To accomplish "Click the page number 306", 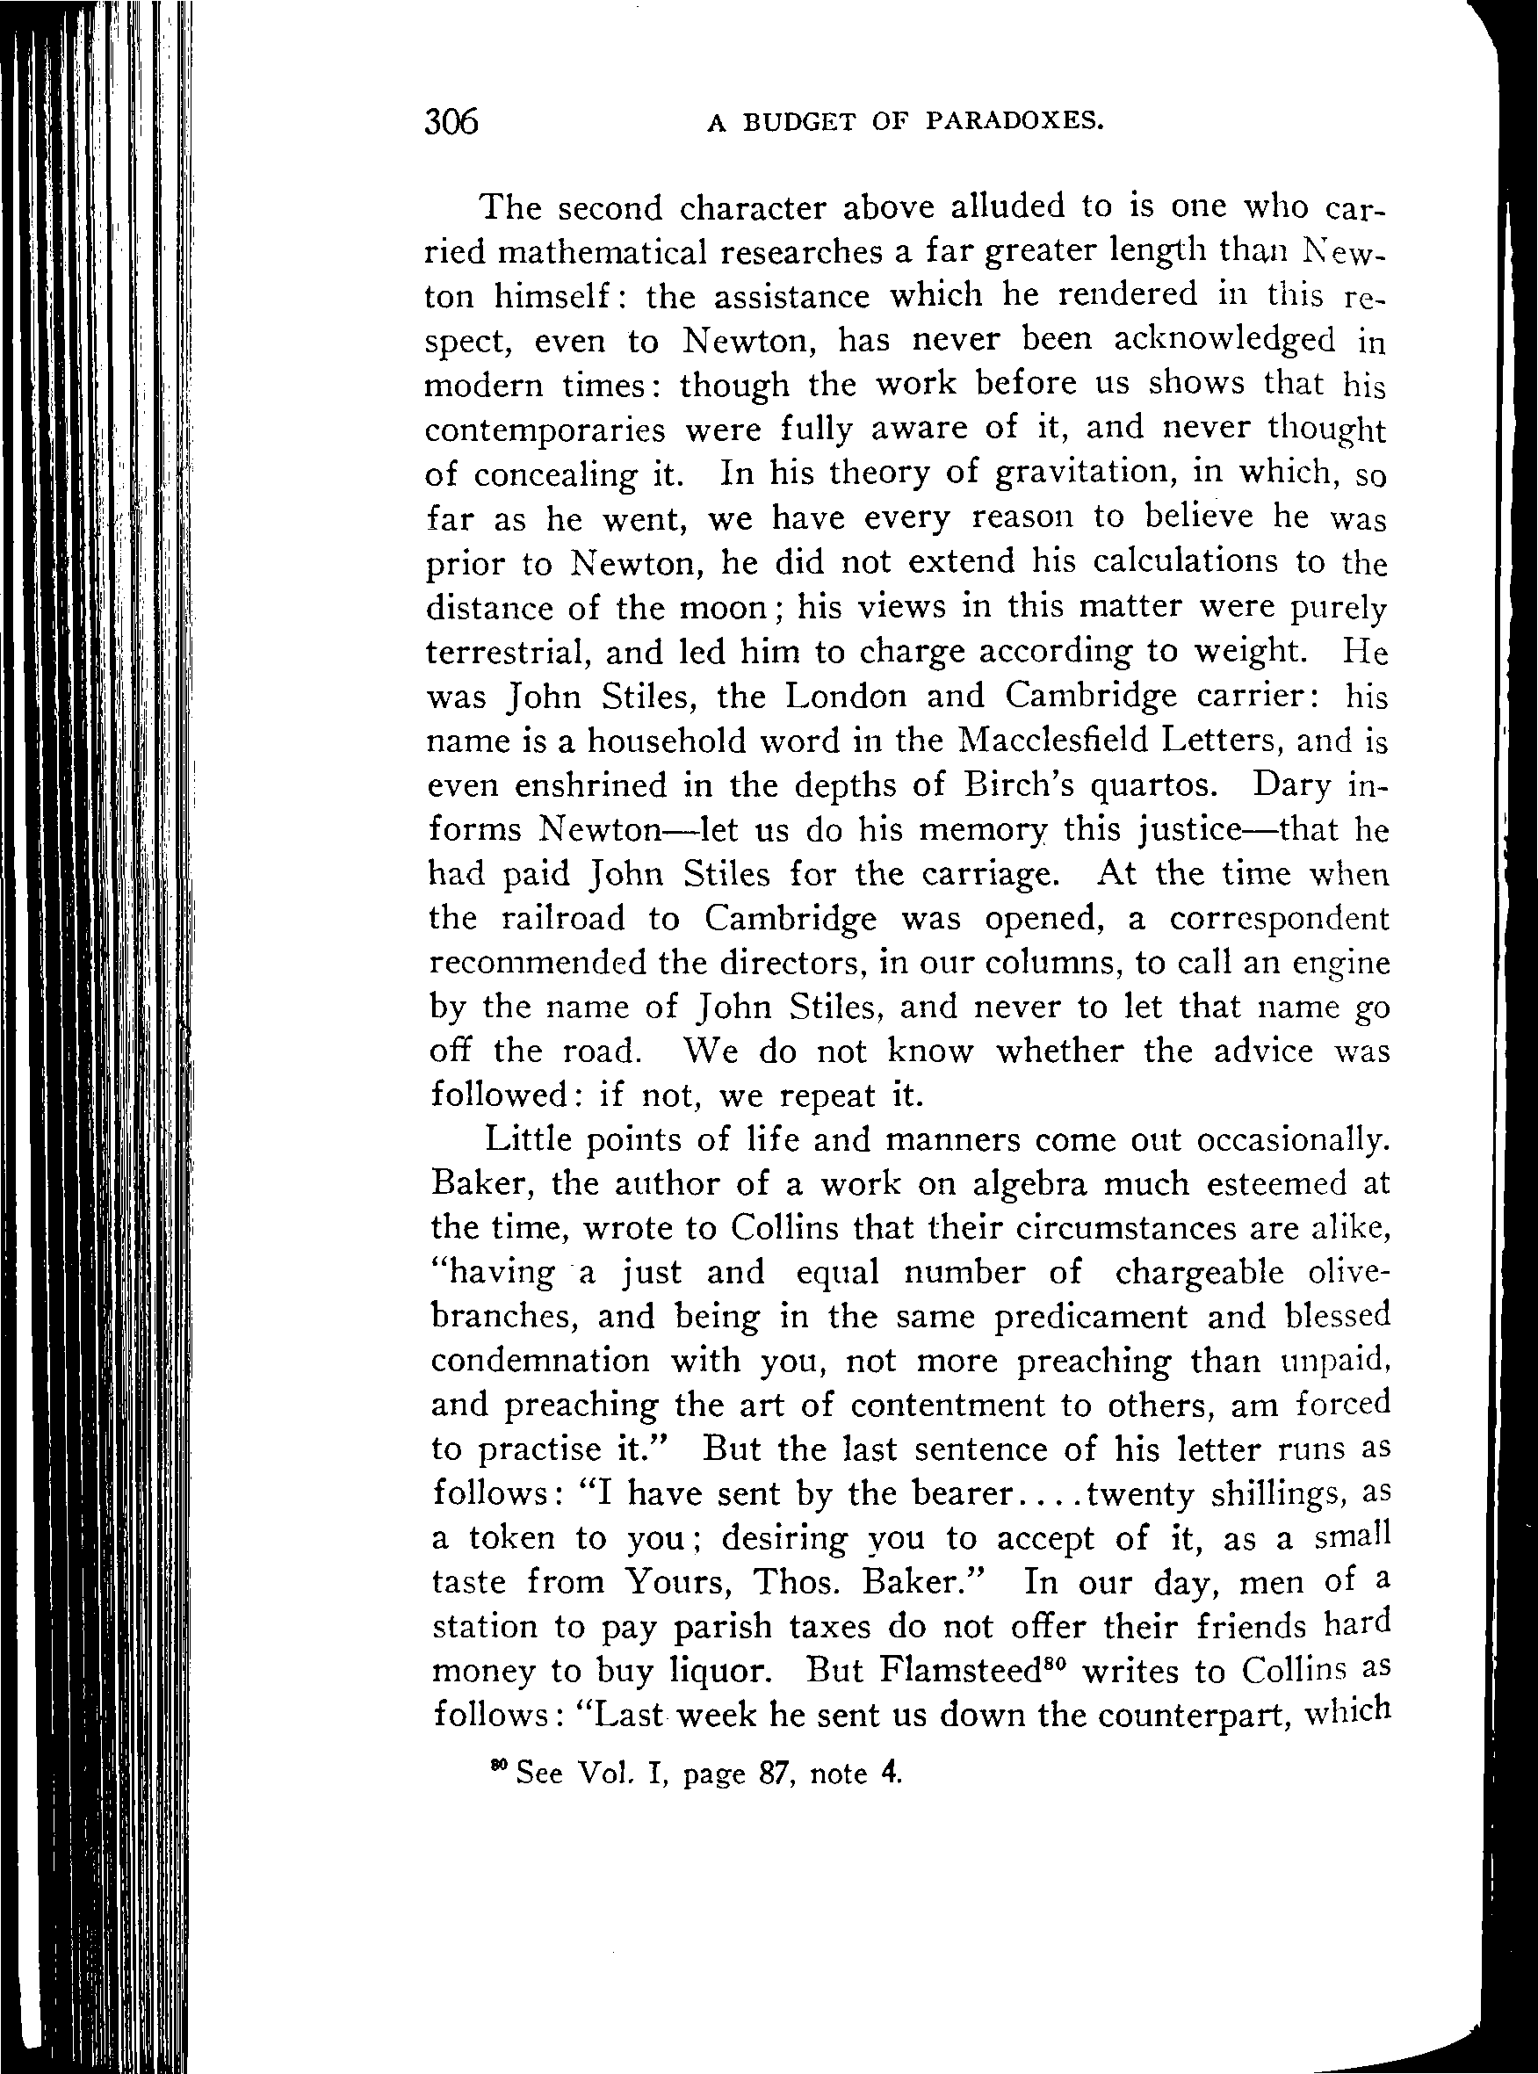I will [x=451, y=122].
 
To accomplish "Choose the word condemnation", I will [x=540, y=1361].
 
